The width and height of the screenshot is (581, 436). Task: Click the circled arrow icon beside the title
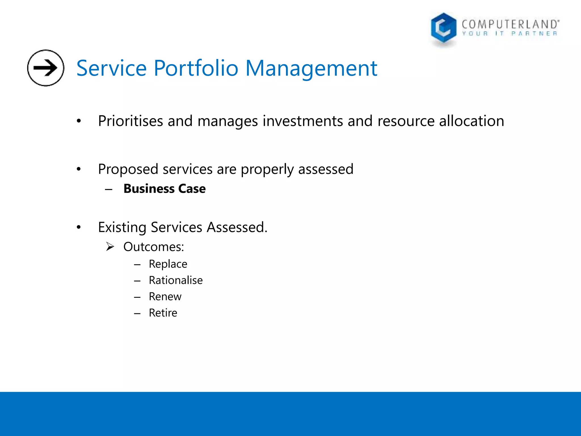coord(46,68)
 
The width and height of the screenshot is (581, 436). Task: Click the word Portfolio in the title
coord(196,68)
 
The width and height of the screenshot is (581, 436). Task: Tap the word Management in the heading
coord(311,68)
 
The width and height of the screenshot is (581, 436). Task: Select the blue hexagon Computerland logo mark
coord(443,28)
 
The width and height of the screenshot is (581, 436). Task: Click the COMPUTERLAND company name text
coord(510,24)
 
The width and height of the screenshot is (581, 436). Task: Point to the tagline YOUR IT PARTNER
coord(510,34)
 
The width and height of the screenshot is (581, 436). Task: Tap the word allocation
coord(471,121)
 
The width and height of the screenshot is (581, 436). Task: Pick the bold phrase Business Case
coord(165,189)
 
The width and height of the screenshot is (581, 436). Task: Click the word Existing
coord(122,227)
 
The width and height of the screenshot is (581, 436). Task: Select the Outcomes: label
coord(153,247)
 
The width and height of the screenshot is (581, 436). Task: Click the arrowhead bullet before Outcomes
coord(110,247)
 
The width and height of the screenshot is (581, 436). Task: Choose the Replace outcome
coord(168,264)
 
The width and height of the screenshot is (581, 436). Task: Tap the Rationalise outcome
coord(176,280)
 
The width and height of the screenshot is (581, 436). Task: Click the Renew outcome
coord(165,297)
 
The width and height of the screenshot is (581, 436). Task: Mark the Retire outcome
coord(163,313)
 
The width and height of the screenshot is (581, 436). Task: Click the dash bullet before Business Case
coord(109,189)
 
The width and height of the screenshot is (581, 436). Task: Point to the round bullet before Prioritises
coord(79,121)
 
